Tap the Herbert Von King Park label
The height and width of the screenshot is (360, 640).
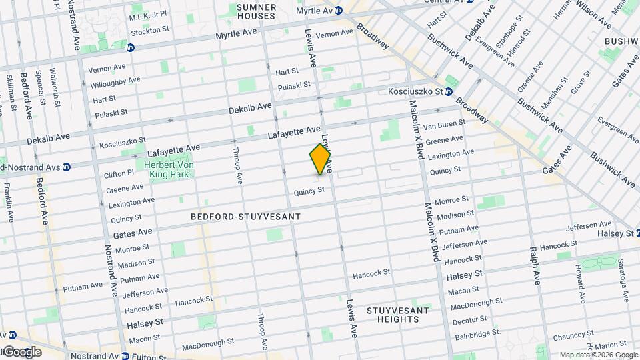pos(163,169)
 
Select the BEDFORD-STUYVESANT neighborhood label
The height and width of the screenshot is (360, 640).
pos(245,217)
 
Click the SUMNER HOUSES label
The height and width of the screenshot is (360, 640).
pos(256,11)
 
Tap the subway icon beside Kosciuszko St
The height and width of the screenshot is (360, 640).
pos(449,91)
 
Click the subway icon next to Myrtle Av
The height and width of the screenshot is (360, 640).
pos(338,10)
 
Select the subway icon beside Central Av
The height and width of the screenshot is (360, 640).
pos(470,1)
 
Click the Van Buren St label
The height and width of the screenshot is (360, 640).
pos(443,125)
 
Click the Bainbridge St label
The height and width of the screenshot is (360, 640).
pos(477,337)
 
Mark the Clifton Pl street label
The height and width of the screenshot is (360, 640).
pos(120,173)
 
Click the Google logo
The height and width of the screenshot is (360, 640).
pos(21,352)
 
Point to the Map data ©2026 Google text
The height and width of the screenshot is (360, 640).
pos(598,355)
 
